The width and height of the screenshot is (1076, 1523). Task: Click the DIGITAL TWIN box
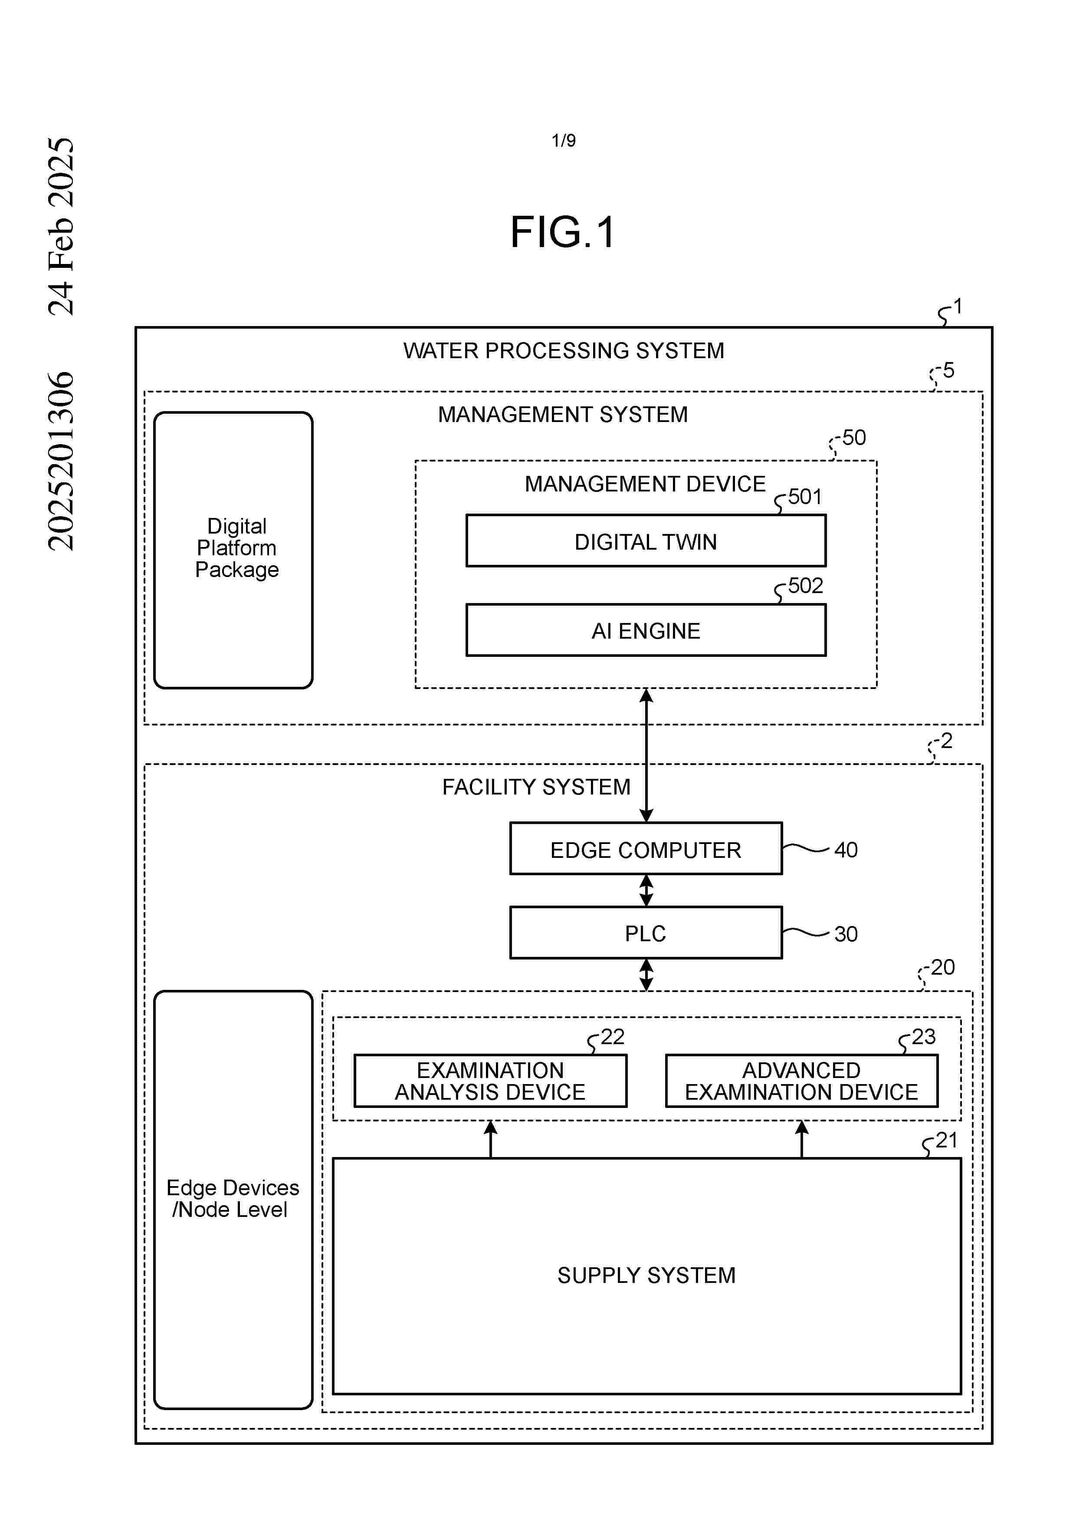[x=645, y=541]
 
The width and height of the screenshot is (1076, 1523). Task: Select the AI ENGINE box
[x=645, y=630]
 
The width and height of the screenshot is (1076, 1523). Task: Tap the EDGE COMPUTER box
[x=645, y=849]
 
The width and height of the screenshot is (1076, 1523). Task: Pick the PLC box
[x=645, y=933]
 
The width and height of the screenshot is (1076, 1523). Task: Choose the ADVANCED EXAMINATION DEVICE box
[x=801, y=1081]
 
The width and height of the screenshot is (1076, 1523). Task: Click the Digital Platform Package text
[x=237, y=548]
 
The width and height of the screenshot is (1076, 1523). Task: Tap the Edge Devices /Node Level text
[x=232, y=1198]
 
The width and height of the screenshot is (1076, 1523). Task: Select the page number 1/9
[x=564, y=141]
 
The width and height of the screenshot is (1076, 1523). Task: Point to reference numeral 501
[x=805, y=496]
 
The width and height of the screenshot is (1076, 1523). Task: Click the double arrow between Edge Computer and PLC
[x=646, y=890]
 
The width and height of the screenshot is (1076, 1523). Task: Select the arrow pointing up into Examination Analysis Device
[x=491, y=1138]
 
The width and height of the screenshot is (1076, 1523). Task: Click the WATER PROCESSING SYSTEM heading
[x=564, y=350]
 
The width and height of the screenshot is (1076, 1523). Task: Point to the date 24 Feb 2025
[x=61, y=225]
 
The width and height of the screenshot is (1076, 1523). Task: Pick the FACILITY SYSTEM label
[x=536, y=787]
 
